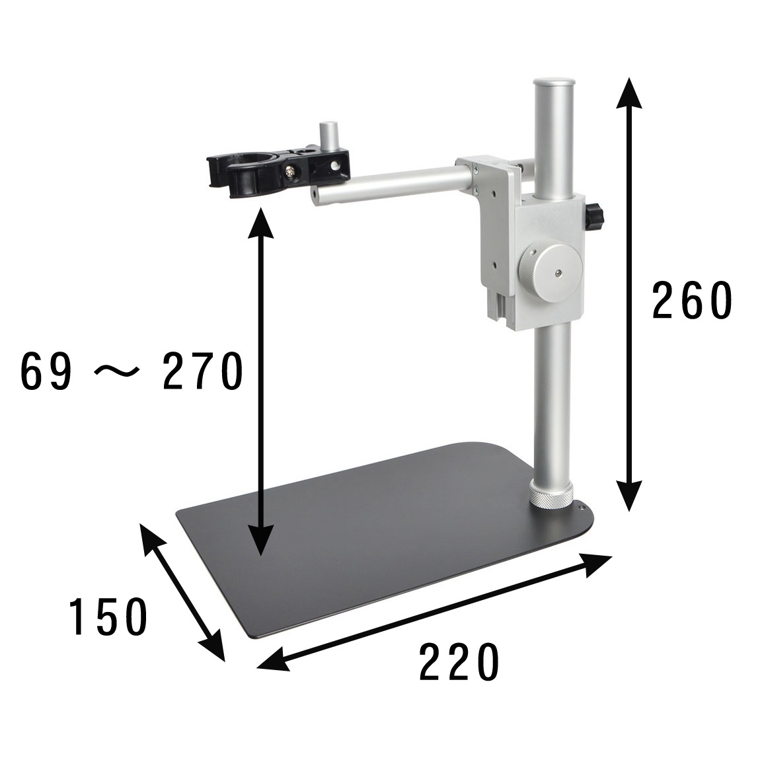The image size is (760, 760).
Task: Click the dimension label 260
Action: click(691, 301)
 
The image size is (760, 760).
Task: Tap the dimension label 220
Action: click(459, 662)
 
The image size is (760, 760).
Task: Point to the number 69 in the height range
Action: click(46, 371)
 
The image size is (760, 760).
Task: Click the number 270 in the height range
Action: click(203, 371)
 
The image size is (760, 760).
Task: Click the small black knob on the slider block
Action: click(595, 217)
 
